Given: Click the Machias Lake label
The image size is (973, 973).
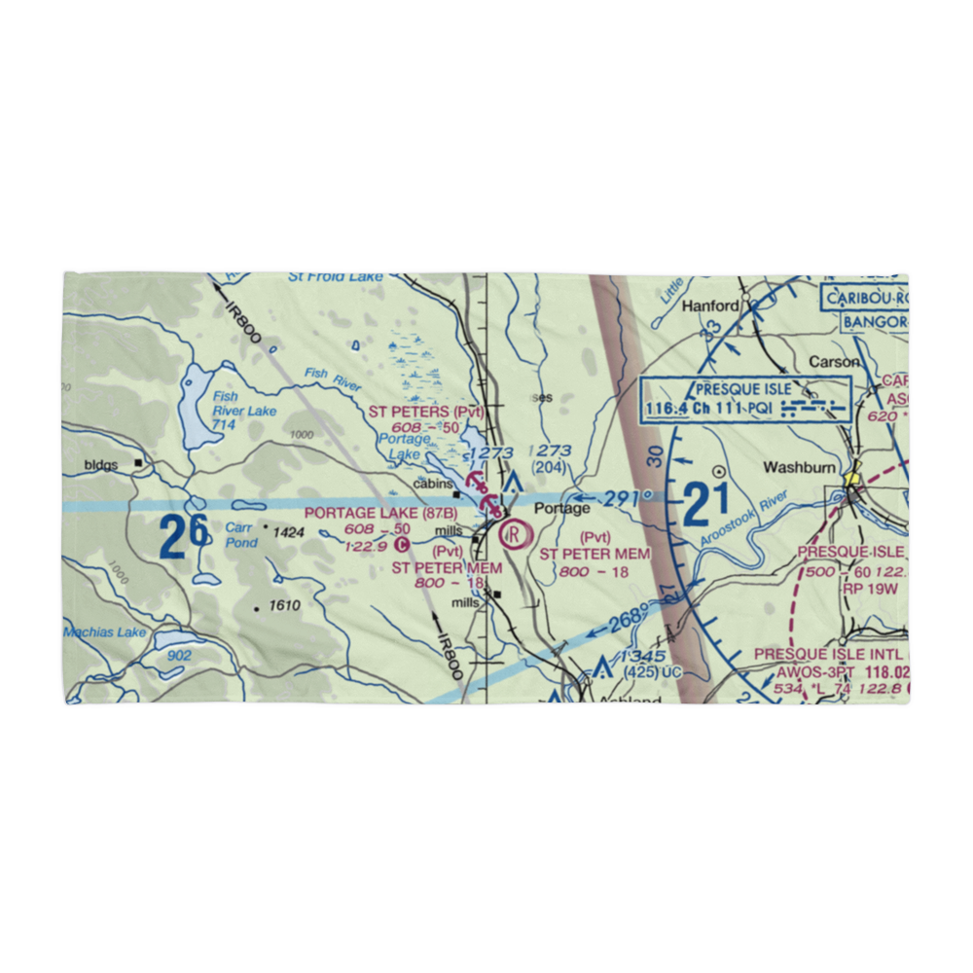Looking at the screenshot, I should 104,633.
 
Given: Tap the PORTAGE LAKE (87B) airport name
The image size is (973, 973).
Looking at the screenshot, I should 380,513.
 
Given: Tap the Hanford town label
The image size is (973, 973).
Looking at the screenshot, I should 710,306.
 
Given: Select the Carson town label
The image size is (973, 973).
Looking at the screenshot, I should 834,361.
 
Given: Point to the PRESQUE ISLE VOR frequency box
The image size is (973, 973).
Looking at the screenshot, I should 746,399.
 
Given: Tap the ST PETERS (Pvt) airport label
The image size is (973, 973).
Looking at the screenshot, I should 426,412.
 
